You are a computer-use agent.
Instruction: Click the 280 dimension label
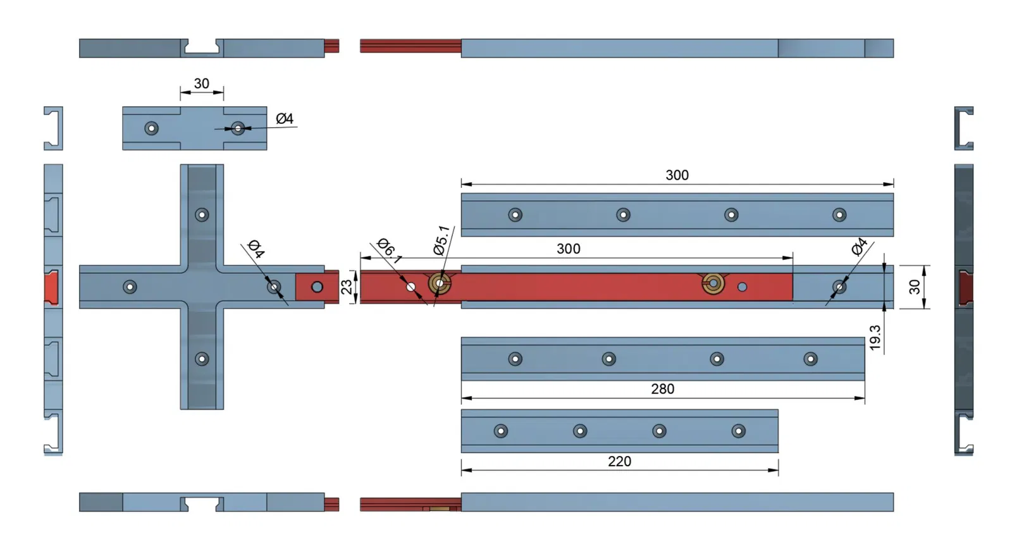662,389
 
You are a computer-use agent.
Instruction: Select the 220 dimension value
619,462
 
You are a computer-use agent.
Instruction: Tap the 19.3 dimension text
875,338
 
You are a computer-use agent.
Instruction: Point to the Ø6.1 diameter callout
389,251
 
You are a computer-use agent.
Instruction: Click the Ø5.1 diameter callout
441,240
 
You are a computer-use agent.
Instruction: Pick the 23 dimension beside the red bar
347,287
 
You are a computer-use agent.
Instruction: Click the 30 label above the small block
201,83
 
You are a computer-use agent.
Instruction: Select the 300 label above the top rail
677,175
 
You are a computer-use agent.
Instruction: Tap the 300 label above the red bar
568,249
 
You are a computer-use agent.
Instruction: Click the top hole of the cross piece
202,215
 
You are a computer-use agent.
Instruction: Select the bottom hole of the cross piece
202,359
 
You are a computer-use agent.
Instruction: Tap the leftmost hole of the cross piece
130,287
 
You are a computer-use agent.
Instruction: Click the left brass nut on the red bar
440,283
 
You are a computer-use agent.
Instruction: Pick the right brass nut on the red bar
713,283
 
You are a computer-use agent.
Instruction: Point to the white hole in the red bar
411,287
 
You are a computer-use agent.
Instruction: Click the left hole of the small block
151,128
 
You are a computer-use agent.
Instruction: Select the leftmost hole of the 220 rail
500,431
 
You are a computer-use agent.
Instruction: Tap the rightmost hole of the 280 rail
810,359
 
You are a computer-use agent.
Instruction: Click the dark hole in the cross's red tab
317,287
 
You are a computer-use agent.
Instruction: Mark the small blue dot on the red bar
742,287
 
